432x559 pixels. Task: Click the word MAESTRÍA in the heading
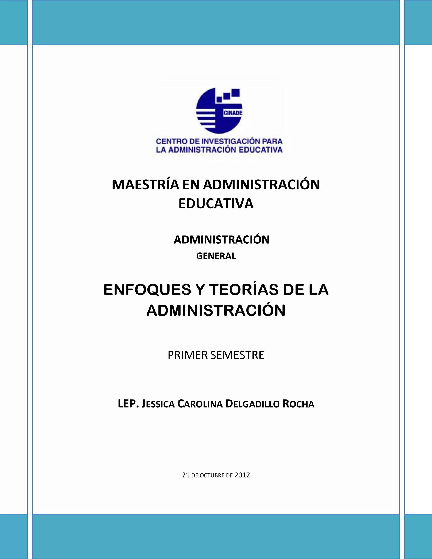point(145,185)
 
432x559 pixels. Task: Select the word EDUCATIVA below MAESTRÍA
point(216,204)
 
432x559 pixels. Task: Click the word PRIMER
point(187,355)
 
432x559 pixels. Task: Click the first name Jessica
point(158,404)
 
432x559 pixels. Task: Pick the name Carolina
point(200,404)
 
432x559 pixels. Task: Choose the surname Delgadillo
point(252,404)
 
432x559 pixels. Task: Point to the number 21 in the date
point(186,475)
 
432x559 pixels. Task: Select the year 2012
point(242,475)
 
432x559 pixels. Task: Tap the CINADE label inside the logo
point(233,113)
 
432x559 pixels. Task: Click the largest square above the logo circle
point(235,93)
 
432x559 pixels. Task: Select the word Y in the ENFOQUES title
point(200,290)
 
